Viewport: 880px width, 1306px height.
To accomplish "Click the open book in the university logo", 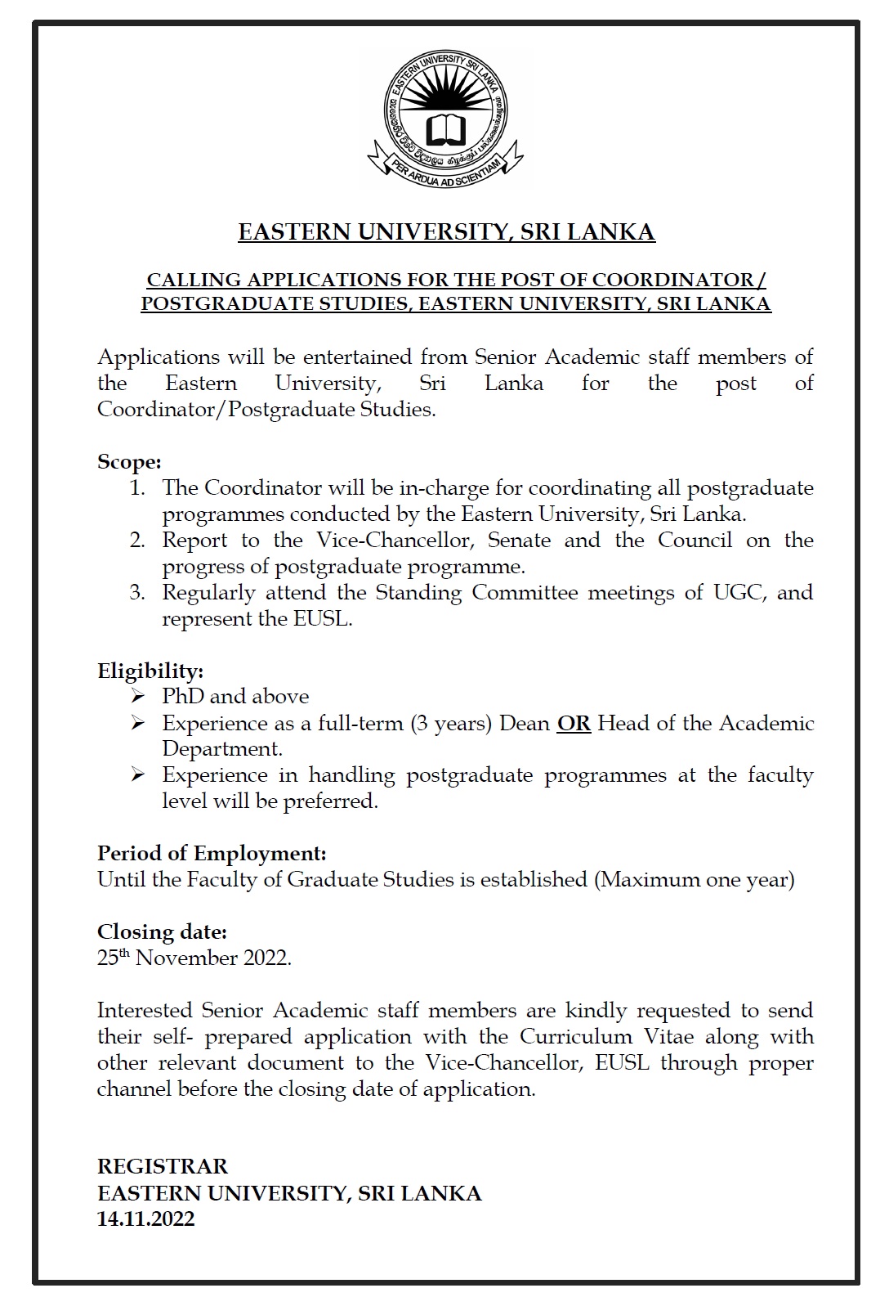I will click(446, 128).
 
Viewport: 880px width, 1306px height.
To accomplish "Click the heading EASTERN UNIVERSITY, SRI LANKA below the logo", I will click(446, 232).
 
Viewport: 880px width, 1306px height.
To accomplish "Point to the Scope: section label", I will click(129, 462).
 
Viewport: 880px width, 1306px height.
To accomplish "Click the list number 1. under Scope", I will click(136, 488).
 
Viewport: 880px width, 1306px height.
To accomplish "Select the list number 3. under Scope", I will click(136, 593).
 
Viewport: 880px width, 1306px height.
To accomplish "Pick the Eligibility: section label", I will click(150, 671).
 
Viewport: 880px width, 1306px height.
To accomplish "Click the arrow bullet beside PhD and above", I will click(138, 697).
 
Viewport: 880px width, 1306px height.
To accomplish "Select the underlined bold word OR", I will click(574, 724).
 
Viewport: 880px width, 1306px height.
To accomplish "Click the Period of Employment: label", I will click(212, 854).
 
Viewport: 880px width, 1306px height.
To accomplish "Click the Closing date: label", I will click(162, 932).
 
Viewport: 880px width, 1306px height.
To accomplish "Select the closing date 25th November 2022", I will click(194, 958).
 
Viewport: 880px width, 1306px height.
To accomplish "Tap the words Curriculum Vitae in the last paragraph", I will click(606, 1037).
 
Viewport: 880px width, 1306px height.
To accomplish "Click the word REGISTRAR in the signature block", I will click(163, 1166).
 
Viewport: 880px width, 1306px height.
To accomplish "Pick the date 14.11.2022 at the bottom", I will click(145, 1219).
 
